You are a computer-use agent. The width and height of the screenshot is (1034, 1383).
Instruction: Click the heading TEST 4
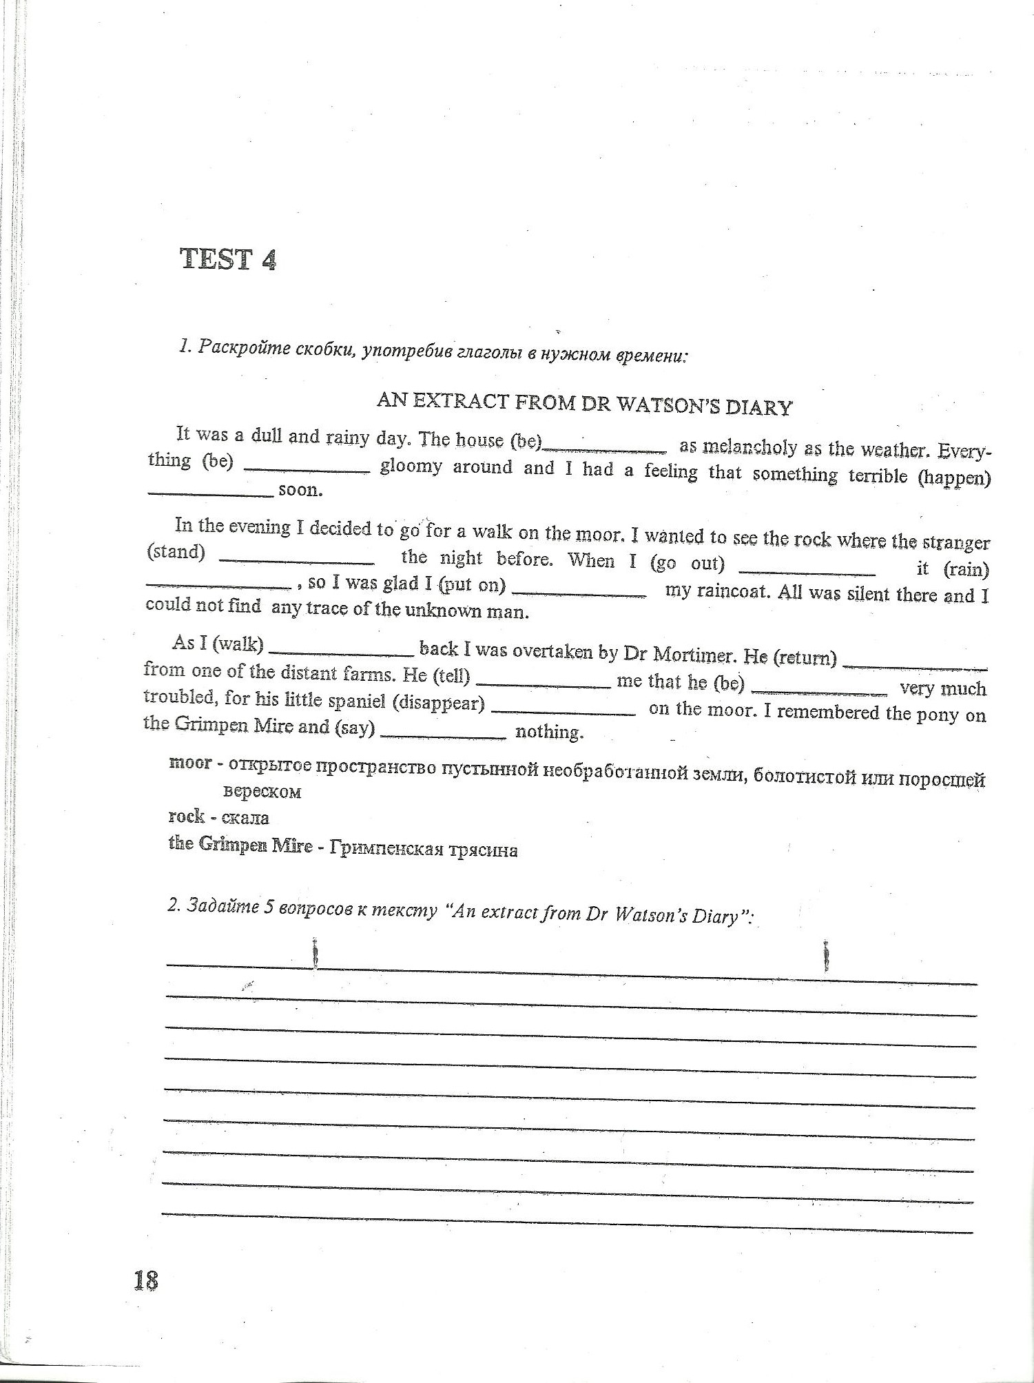[228, 259]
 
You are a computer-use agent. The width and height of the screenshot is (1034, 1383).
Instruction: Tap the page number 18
[146, 1280]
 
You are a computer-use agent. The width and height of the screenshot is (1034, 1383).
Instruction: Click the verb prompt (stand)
[176, 552]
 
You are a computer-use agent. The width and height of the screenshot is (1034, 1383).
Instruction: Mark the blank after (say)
[443, 737]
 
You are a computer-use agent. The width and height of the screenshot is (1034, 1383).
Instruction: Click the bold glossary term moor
[190, 763]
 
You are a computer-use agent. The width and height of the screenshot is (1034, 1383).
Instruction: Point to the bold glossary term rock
[187, 817]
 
